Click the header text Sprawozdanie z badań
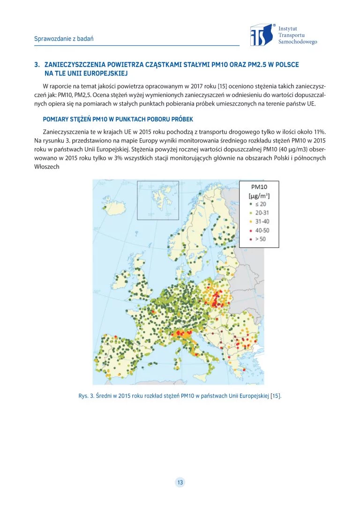tap(63, 38)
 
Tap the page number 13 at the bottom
tap(180, 482)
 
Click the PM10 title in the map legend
tap(259, 186)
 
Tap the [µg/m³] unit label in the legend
tap(259, 195)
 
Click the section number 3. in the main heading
tap(37, 64)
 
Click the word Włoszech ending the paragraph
tap(46, 166)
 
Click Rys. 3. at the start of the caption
tap(86, 396)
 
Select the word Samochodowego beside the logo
tap(297, 42)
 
